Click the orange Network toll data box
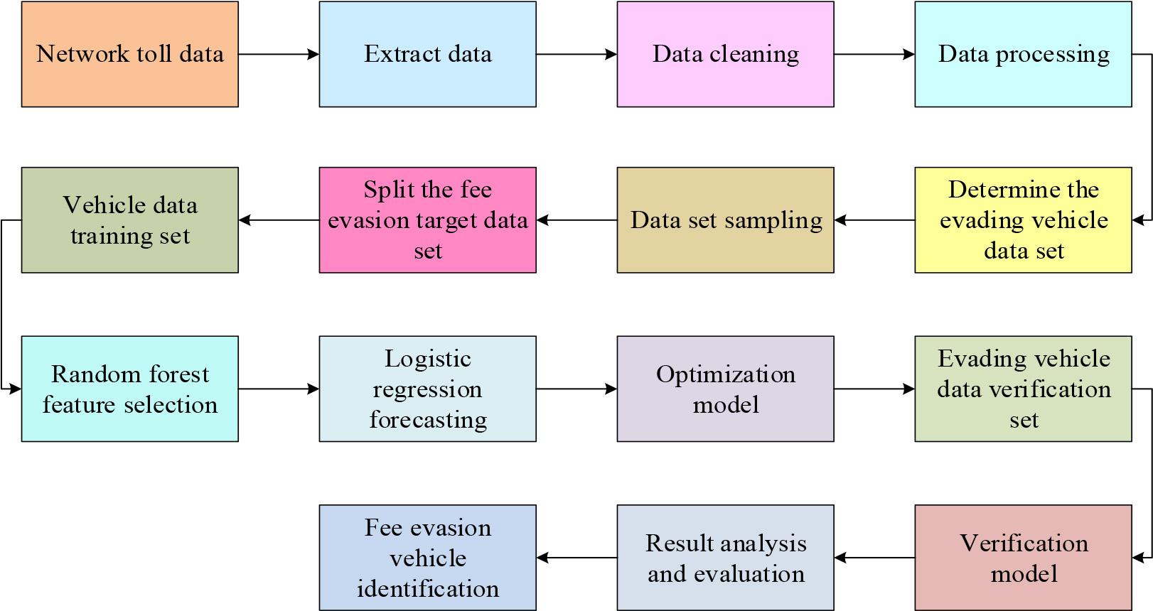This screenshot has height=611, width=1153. [129, 54]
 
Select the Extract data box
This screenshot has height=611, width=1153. [427, 54]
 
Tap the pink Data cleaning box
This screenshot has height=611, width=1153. [725, 54]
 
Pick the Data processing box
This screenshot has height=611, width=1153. [1022, 54]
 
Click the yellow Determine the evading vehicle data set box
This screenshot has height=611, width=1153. [1022, 220]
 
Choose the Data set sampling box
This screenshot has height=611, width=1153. [725, 220]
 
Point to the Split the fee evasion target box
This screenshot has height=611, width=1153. [427, 220]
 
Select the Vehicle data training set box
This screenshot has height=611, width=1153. [129, 220]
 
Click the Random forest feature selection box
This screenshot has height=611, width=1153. [129, 389]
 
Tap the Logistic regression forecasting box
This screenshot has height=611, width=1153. [427, 389]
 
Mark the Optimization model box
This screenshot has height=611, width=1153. [725, 389]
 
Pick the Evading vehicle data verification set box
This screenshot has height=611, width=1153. [1022, 389]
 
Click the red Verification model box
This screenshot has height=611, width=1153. [1022, 558]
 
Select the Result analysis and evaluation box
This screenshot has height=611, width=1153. [725, 558]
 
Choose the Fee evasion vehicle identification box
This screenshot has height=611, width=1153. [427, 558]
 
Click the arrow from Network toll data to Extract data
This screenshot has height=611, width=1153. [278, 54]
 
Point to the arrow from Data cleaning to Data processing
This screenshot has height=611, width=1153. [874, 54]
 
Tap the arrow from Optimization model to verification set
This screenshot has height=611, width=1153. [874, 389]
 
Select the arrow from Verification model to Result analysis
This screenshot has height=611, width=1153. [874, 558]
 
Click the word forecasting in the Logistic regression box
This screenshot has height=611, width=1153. [428, 420]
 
